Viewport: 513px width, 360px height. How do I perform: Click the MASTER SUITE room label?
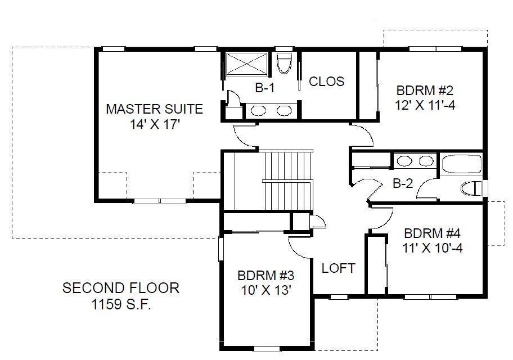pos(155,109)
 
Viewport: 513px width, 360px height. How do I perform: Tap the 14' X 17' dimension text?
pos(155,124)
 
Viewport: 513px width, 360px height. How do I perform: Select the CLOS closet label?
pos(326,82)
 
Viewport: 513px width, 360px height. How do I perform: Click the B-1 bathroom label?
pos(265,88)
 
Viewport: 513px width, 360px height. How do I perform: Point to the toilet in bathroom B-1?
pos(284,63)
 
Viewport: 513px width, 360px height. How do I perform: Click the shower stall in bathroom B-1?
pos(246,64)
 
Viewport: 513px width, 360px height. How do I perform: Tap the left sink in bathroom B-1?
pos(258,111)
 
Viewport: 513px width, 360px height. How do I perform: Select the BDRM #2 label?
pos(425,91)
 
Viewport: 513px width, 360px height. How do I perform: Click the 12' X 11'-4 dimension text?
pos(425,105)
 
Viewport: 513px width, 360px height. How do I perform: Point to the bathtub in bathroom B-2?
pos(462,164)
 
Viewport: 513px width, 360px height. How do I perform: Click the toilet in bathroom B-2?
pos(471,188)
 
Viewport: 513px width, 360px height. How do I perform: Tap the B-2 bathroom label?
pos(403,183)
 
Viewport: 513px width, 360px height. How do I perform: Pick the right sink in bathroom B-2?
pos(426,161)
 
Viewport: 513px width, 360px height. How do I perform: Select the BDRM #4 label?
pos(432,233)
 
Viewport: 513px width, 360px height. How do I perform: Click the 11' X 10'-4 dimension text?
pos(432,249)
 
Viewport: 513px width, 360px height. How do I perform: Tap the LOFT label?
pos(338,268)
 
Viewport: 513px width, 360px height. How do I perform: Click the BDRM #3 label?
pos(265,276)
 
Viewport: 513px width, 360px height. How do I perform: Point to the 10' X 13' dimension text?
pos(266,290)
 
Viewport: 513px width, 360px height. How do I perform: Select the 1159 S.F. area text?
pos(121,304)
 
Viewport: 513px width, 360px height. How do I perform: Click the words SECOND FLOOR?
pos(121,288)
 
